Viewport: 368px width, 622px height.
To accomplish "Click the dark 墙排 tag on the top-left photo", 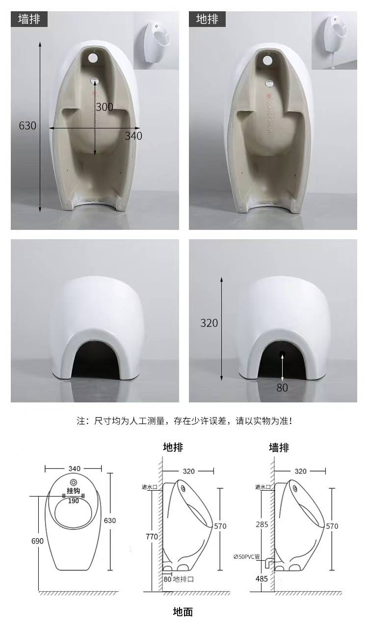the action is (29, 19).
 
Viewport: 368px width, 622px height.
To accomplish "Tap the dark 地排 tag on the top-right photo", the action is (207, 19).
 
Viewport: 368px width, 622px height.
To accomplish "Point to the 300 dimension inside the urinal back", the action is (105, 107).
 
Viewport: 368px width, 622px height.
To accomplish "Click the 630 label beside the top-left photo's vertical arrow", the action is (27, 125).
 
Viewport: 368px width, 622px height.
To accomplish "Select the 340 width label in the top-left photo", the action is (133, 136).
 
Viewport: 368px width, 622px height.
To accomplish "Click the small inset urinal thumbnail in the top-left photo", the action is (156, 41).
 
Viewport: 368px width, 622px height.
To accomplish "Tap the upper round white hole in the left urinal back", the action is (93, 58).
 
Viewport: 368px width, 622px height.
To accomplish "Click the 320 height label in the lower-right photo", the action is (209, 323).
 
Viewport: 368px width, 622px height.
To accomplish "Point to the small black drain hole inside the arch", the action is (283, 353).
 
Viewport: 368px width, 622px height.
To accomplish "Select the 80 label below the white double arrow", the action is (282, 388).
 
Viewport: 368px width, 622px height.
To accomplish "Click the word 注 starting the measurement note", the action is (81, 421).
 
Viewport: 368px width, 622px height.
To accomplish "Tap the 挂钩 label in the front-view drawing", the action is (74, 491).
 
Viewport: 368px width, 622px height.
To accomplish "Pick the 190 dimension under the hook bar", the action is (74, 501).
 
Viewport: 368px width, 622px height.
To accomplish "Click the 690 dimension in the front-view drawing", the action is (37, 541).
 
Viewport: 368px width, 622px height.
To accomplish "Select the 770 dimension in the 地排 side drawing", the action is (152, 537).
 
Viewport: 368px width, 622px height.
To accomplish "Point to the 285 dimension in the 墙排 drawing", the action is (262, 524).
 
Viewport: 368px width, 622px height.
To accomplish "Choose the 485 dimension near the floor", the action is (262, 576).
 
